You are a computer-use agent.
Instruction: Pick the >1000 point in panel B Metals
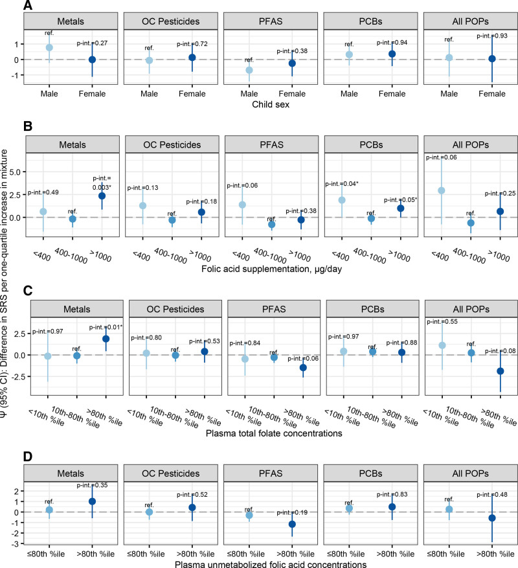[102, 196]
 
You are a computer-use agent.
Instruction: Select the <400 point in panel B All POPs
[442, 190]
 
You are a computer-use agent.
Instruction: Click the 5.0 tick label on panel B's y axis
[15, 172]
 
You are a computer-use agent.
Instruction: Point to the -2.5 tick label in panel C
[14, 376]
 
